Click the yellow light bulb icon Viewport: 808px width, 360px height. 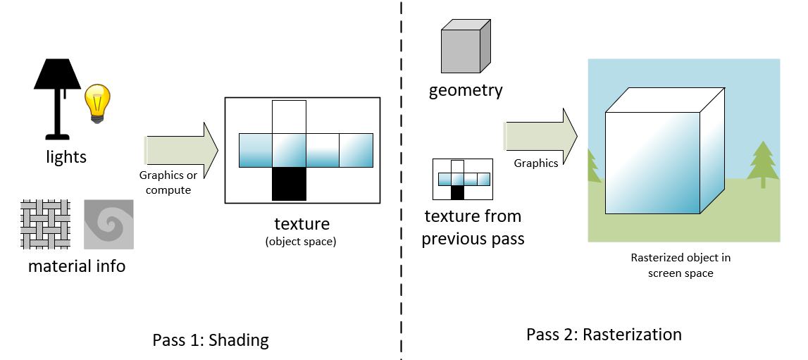(x=99, y=102)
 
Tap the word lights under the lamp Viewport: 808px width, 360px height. (x=66, y=157)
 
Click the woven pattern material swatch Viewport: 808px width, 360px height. (x=46, y=224)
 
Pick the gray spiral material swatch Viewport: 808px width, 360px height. (x=108, y=224)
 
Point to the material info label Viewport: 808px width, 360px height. (x=77, y=266)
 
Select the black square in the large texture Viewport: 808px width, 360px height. (x=289, y=184)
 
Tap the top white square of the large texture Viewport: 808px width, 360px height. (x=289, y=116)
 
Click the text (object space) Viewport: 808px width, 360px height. (x=302, y=242)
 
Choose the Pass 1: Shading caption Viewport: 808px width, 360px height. (x=211, y=340)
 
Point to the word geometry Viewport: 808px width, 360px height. (x=466, y=90)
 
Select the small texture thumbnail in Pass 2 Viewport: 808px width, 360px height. (x=462, y=179)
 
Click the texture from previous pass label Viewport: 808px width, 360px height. (x=473, y=228)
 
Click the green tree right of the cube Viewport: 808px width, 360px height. (x=762, y=163)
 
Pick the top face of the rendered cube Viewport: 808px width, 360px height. (x=664, y=101)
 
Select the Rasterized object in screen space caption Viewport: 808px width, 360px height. (x=680, y=266)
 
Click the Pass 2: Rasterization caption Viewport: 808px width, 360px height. (x=604, y=334)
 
